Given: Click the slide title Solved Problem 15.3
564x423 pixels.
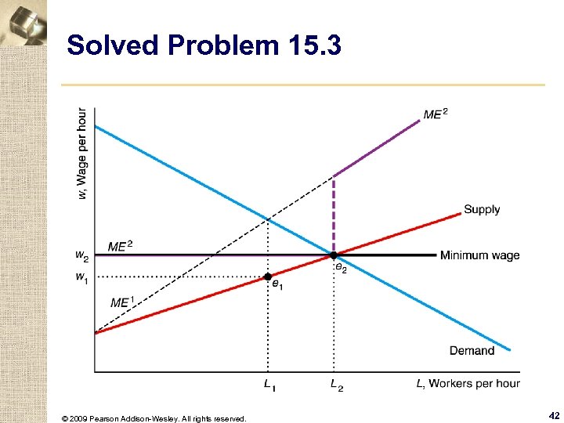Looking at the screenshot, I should coord(204,46).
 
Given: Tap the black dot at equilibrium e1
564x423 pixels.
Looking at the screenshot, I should coord(267,277).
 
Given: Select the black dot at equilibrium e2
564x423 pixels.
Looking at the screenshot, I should coord(334,255).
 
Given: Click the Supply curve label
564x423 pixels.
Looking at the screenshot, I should coord(481,209).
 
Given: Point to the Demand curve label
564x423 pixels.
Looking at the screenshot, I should coord(472,350).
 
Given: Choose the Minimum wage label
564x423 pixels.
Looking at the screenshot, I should coord(479,255).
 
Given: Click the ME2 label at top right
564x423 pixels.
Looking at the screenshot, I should coord(436,114).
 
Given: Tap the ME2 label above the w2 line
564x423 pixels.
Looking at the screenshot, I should coord(120,246).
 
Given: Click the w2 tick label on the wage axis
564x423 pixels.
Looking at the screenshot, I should coord(81,255).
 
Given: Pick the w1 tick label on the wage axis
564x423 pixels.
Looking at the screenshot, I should coord(81,277).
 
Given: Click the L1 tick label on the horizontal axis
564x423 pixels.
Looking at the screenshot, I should coord(269,385).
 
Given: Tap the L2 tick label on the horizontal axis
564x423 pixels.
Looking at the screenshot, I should coord(336,385).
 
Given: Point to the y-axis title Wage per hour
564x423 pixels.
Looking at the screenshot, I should coord(82,153).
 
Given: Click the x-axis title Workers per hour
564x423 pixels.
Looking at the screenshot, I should coord(468,383).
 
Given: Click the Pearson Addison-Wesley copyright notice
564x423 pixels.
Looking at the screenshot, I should coord(154,418).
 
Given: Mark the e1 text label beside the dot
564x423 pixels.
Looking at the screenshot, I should coord(277,287).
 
